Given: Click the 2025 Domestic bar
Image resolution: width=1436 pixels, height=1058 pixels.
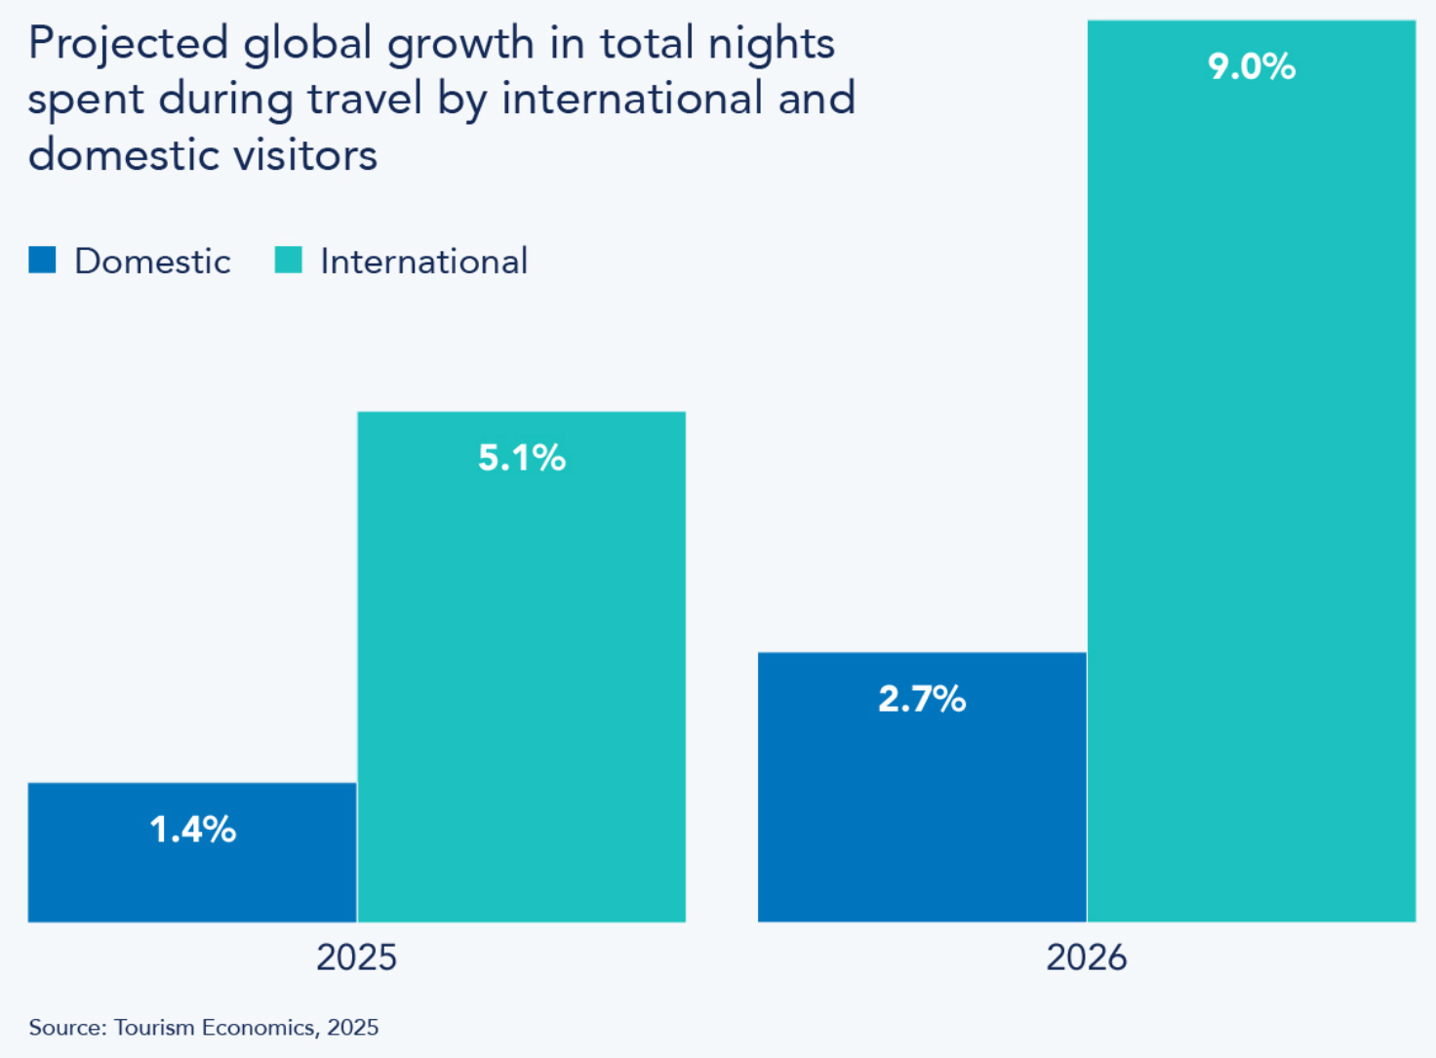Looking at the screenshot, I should click(192, 874).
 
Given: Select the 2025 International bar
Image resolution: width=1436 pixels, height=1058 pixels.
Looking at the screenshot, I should click(521, 683).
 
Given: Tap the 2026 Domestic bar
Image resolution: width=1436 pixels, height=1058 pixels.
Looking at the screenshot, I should click(922, 800).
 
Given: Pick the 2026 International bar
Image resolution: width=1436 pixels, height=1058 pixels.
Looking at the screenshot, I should click(1251, 488).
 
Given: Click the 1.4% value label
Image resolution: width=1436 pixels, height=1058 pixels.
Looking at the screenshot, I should click(192, 830).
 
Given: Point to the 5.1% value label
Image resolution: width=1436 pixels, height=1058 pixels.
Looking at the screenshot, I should click(521, 458).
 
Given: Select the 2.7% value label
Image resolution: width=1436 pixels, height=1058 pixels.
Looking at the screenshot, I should click(922, 699).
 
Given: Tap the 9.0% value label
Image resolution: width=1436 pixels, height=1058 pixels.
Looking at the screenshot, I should click(1251, 66).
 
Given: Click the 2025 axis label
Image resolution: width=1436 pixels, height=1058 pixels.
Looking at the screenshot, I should click(356, 957).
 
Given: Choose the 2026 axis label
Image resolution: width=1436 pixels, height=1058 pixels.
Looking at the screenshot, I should click(1086, 957).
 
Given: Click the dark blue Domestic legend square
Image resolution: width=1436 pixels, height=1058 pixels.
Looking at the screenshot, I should click(42, 260).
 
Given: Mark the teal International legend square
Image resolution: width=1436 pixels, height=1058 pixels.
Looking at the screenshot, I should click(288, 260).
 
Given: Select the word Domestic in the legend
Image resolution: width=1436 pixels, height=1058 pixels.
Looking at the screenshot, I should click(152, 262).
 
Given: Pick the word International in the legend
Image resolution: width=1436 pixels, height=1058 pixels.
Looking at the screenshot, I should click(423, 262).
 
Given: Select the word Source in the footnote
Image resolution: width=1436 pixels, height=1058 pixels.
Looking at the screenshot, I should click(65, 1027).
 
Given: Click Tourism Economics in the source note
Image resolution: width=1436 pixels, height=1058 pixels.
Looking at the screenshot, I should click(214, 1027).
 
